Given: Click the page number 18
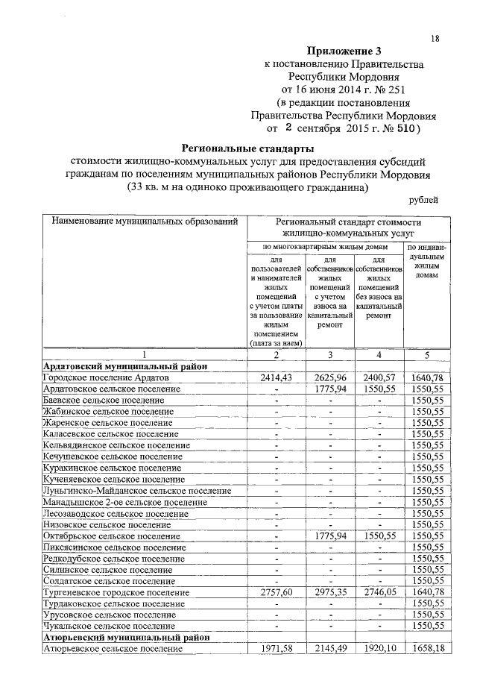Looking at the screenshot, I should click(x=435, y=38).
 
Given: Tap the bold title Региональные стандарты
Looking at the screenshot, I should click(x=248, y=148).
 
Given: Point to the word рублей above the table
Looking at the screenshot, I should click(x=424, y=199).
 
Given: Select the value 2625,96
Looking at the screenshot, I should click(x=330, y=379).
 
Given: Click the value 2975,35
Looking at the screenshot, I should click(x=330, y=591).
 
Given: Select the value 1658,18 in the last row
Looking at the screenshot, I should click(x=427, y=649).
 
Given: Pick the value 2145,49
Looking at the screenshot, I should click(x=330, y=649).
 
